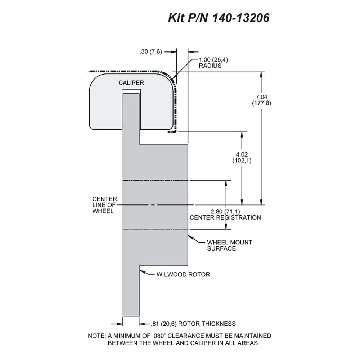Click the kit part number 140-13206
click(x=241, y=18)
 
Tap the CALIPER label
click(x=131, y=83)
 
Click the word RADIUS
click(x=210, y=66)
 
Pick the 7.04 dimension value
click(x=261, y=97)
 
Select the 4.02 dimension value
click(x=242, y=154)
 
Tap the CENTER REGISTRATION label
click(x=225, y=217)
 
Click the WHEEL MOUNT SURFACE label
click(x=229, y=246)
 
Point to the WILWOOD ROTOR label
click(x=183, y=274)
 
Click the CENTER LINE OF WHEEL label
click(x=104, y=205)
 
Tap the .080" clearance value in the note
click(x=159, y=336)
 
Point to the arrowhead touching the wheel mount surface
click(x=190, y=237)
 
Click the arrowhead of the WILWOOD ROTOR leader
click(x=142, y=272)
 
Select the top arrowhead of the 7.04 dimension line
click(x=261, y=75)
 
